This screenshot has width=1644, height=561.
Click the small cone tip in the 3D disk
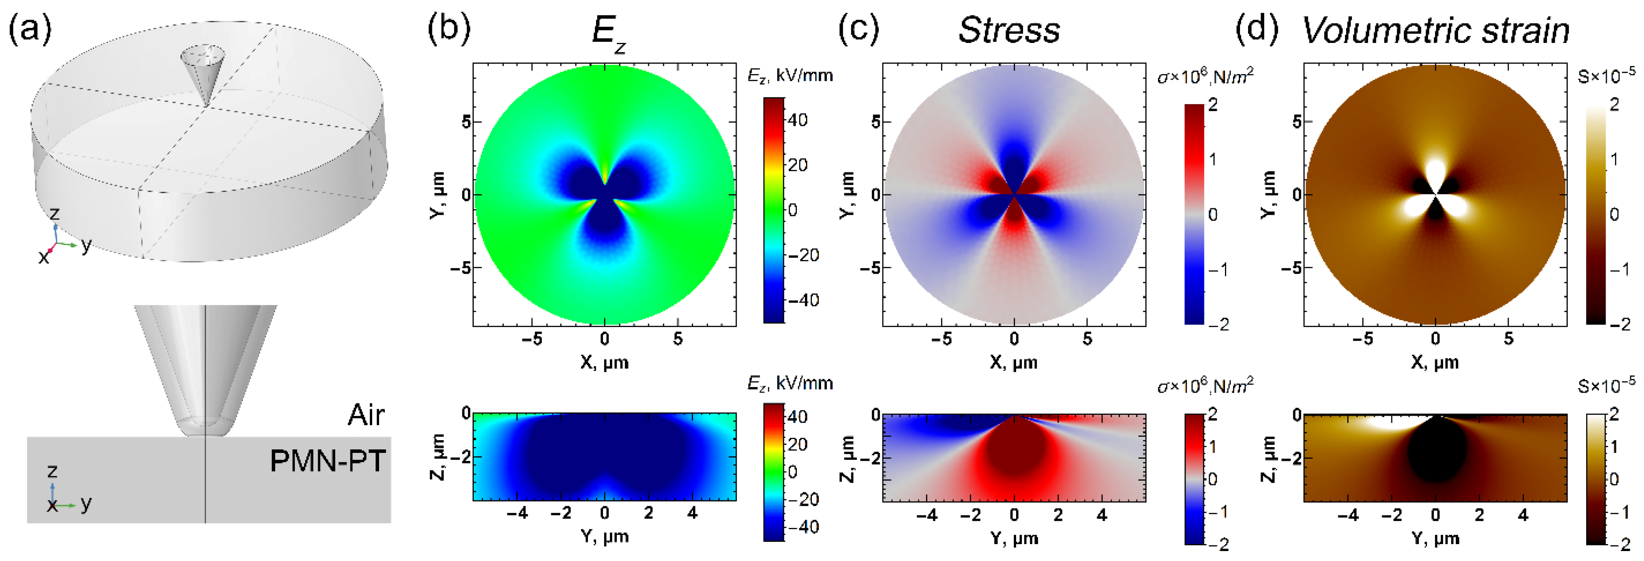[x=200, y=73]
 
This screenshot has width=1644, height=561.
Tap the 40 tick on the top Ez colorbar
[x=798, y=120]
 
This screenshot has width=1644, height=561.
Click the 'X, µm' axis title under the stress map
[x=1013, y=362]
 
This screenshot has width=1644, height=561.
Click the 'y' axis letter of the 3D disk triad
[x=86, y=244]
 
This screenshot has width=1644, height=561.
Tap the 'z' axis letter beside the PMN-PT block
[x=53, y=471]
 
